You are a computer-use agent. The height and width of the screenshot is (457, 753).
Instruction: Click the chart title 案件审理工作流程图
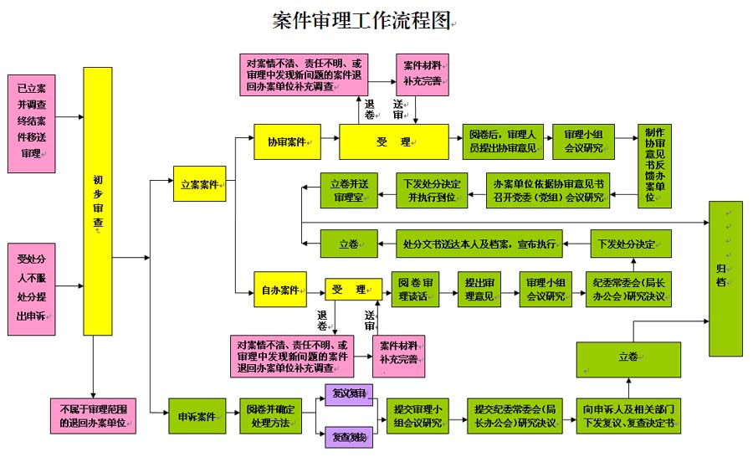click(x=361, y=20)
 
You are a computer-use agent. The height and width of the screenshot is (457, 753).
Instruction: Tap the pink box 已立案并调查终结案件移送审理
click(x=30, y=122)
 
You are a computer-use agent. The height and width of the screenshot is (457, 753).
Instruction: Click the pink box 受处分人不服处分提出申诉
click(x=30, y=288)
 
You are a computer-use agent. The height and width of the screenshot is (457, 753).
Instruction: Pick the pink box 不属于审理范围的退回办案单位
click(x=93, y=416)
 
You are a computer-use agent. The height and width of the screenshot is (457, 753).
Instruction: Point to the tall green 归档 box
click(x=725, y=278)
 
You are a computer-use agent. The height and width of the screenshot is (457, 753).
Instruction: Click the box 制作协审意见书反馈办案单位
click(x=656, y=167)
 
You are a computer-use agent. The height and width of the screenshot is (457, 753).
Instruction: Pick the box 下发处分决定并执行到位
click(x=430, y=191)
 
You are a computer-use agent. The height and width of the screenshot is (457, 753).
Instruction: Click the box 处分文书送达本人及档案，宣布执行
click(x=479, y=244)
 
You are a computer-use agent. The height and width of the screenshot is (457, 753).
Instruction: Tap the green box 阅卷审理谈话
click(x=415, y=290)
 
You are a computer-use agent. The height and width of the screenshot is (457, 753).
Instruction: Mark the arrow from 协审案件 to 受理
click(x=323, y=141)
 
